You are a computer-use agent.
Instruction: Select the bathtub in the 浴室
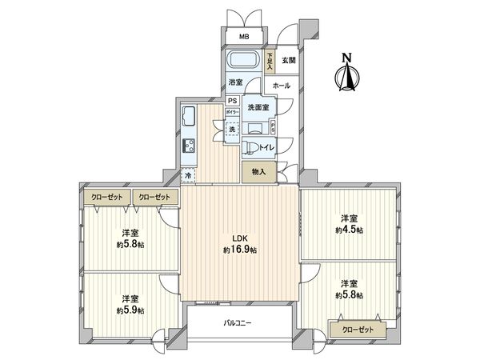click(x=241, y=62)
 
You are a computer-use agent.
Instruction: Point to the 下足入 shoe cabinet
click(x=270, y=60)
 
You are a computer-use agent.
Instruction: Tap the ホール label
click(x=282, y=85)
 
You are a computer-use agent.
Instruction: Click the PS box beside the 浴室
click(x=232, y=101)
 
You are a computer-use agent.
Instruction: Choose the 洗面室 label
click(x=257, y=108)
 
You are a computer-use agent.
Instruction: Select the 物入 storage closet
click(x=259, y=171)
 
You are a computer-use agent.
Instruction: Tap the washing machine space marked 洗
click(x=232, y=130)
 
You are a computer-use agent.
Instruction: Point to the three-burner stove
click(x=190, y=146)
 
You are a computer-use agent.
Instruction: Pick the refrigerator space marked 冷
click(x=189, y=173)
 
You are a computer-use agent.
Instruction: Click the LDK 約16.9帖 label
click(x=239, y=244)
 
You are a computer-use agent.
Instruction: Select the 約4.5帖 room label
click(x=348, y=224)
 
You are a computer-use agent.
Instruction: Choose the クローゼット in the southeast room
click(x=357, y=328)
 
